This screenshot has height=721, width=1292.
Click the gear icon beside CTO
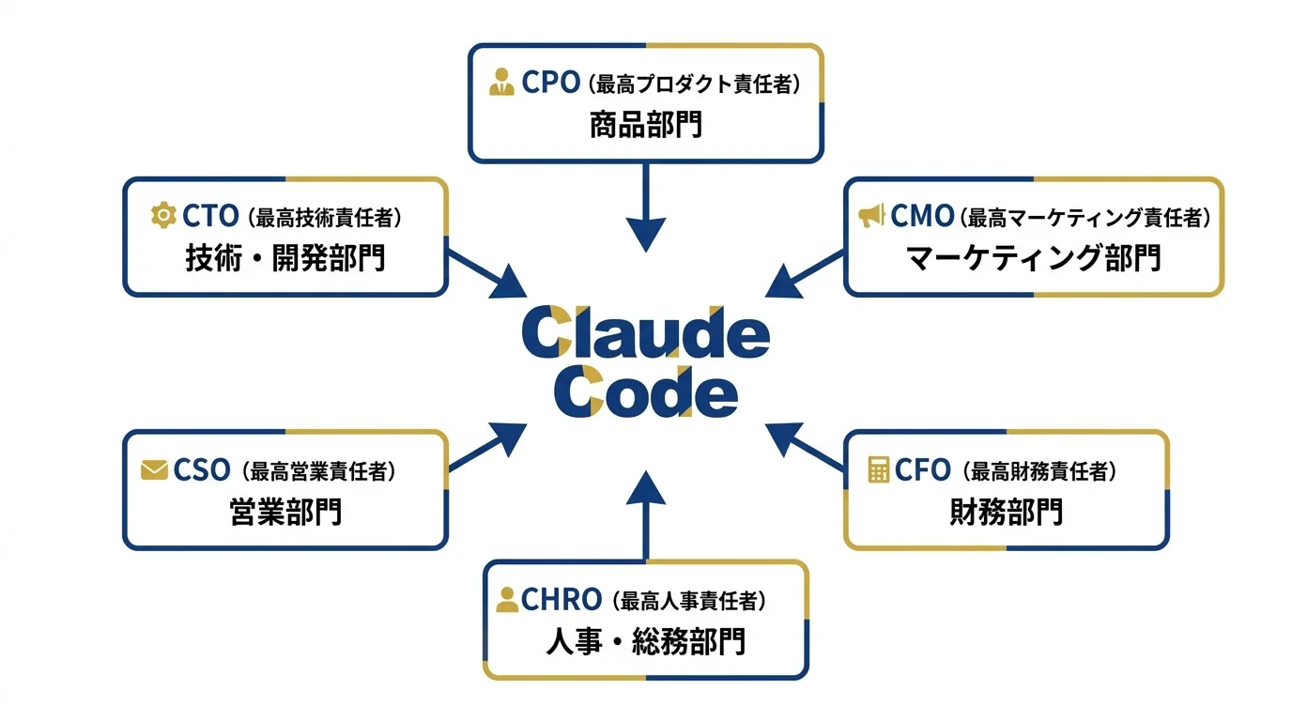coord(163,216)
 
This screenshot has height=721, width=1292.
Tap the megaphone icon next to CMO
coord(871,217)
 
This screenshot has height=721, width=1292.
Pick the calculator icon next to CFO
coord(879,469)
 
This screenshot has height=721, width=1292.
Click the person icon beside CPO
coord(501,83)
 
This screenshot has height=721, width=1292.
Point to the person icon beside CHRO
coord(507,599)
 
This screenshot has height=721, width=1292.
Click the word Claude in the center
coord(646,333)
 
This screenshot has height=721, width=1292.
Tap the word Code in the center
coord(646,394)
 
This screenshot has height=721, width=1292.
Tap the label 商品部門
coord(646,125)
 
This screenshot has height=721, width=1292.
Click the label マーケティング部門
coord(1034,257)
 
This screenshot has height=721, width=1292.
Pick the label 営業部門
coord(285,512)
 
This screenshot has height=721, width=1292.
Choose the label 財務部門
coord(1007,512)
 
